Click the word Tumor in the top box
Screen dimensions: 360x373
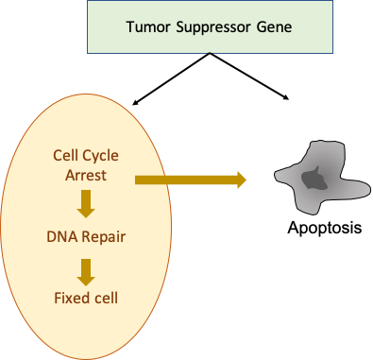coord(146,26)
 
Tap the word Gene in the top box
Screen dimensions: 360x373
coord(272,26)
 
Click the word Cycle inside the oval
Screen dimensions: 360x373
coord(104,155)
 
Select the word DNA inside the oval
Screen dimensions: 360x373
coord(60,237)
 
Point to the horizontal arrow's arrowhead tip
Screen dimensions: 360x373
coord(246,179)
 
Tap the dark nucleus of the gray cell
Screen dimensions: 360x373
coord(312,178)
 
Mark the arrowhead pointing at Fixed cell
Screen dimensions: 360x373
coord(85,279)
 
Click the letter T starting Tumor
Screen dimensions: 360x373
coord(130,26)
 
